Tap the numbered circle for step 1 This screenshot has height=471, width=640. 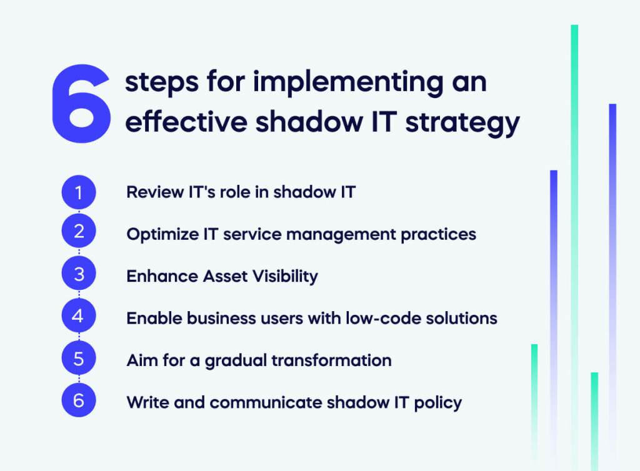click(x=79, y=192)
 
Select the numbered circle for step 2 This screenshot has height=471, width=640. click(x=79, y=232)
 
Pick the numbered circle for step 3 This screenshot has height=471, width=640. click(x=79, y=274)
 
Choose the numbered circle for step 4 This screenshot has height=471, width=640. click(x=79, y=316)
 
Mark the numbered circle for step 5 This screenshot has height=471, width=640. click(x=79, y=359)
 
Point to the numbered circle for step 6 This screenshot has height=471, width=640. click(x=79, y=400)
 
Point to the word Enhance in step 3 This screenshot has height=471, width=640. click(x=156, y=275)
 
